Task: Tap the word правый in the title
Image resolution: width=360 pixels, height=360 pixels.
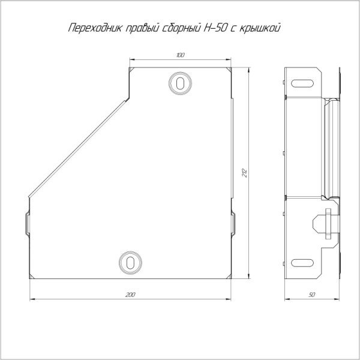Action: (143, 28)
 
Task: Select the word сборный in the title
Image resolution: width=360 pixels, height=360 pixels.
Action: (182, 28)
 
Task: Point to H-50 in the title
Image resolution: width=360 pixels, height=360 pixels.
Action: (215, 28)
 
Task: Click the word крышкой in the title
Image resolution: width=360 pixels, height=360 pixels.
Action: (260, 28)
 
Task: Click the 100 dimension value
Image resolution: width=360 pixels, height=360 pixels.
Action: (181, 55)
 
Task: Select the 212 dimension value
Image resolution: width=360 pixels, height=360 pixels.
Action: (245, 173)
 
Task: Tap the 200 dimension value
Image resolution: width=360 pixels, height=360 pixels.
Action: (130, 295)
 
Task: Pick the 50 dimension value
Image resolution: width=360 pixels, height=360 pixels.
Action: (312, 295)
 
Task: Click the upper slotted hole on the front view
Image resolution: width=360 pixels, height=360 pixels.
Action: (180, 83)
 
